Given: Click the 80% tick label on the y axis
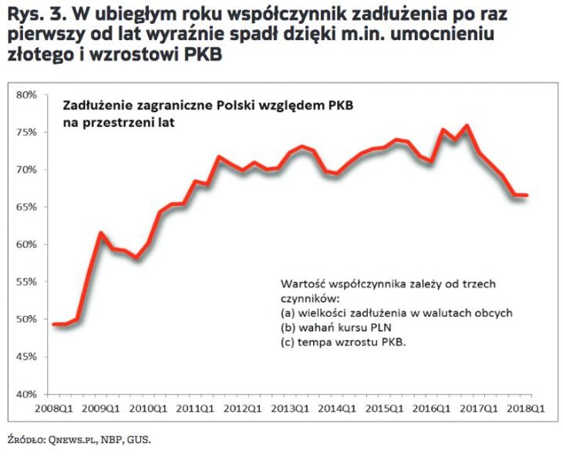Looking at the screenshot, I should (26, 95).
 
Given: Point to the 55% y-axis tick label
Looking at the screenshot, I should (26, 282).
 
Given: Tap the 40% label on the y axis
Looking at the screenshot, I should (26, 395).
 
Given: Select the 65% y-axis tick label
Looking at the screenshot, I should (26, 207).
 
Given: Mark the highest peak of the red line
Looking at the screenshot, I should (468, 126).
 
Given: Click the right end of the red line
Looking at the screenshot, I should (527, 196).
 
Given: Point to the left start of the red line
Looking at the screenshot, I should (53, 324).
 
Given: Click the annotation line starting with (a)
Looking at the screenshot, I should (396, 313).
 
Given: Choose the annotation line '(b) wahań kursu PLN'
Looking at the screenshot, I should (332, 328).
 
